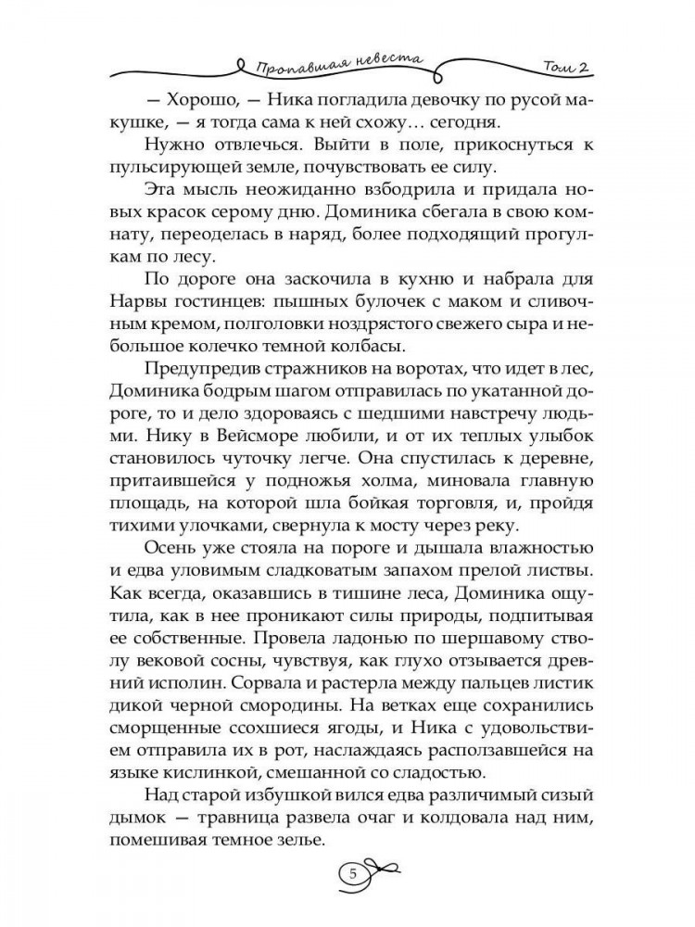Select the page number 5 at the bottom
(351, 874)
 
